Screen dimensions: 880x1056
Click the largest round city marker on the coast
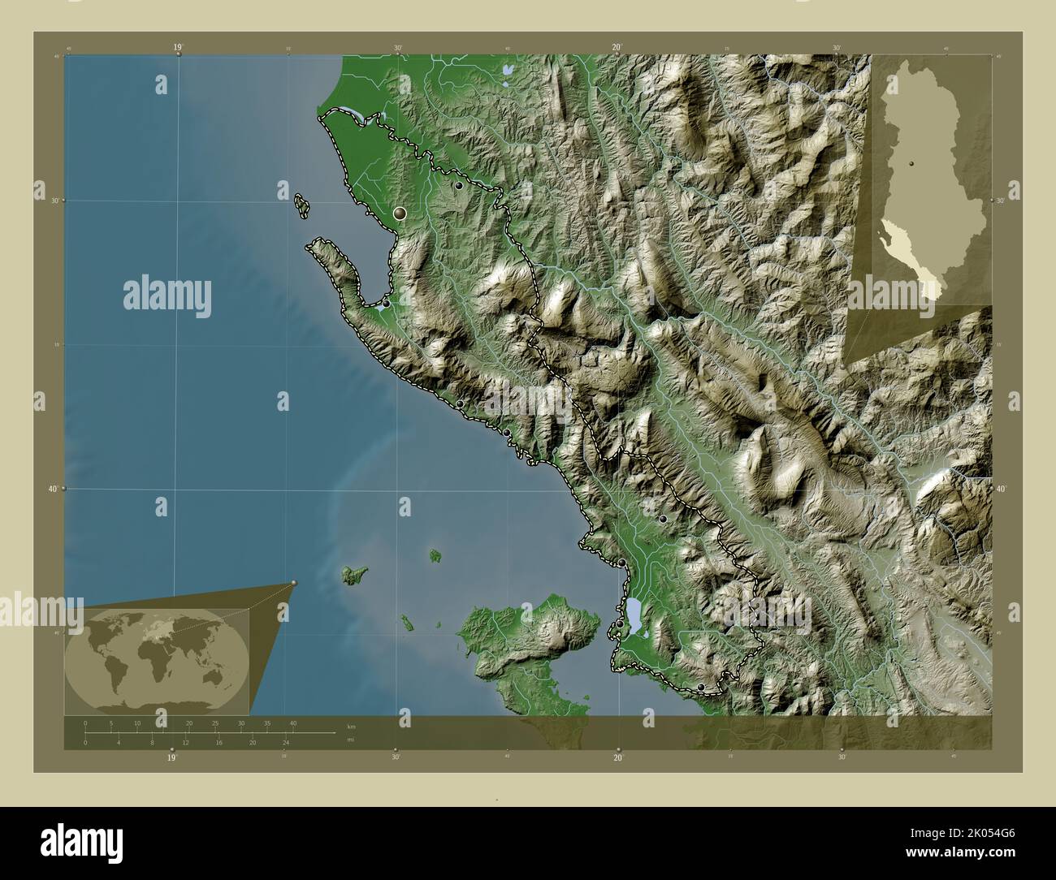399,214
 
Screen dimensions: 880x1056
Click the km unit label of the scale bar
350,727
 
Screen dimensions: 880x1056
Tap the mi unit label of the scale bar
350,740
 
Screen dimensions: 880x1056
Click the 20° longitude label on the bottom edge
618,757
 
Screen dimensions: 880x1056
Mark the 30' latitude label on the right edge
1001,201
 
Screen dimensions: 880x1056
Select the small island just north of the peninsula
301,205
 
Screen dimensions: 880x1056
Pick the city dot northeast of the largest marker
459,186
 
